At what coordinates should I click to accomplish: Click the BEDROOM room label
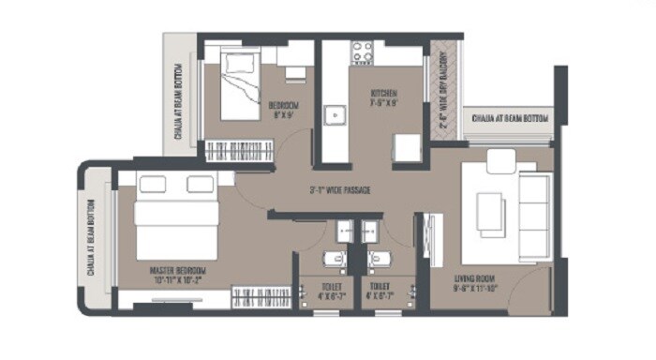coord(283,104)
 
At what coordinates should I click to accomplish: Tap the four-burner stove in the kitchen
coord(362,51)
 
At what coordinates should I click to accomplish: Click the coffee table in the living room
coord(490,211)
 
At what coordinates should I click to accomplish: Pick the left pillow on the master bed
coord(151,185)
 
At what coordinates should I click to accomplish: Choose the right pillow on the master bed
coord(199,185)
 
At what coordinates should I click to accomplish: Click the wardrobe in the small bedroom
coord(238,150)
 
